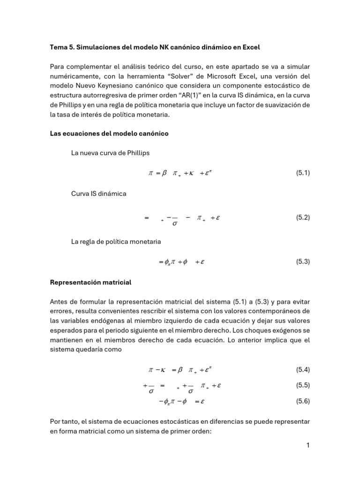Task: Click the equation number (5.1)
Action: [303, 173]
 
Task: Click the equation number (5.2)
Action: [303, 217]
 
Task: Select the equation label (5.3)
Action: [303, 262]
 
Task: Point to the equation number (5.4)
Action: [303, 370]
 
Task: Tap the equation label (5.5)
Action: [303, 385]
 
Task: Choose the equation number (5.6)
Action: [303, 401]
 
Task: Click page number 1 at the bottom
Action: [308, 445]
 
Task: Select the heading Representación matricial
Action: [90, 283]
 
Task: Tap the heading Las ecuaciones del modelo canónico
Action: [109, 134]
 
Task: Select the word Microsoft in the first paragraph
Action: [222, 76]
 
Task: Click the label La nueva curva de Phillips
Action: [110, 153]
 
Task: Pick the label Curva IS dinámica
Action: [98, 194]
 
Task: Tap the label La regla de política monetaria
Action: [116, 241]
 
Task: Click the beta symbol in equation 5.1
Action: [165, 173]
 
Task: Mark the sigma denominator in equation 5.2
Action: [175, 223]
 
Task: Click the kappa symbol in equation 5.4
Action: [164, 370]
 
